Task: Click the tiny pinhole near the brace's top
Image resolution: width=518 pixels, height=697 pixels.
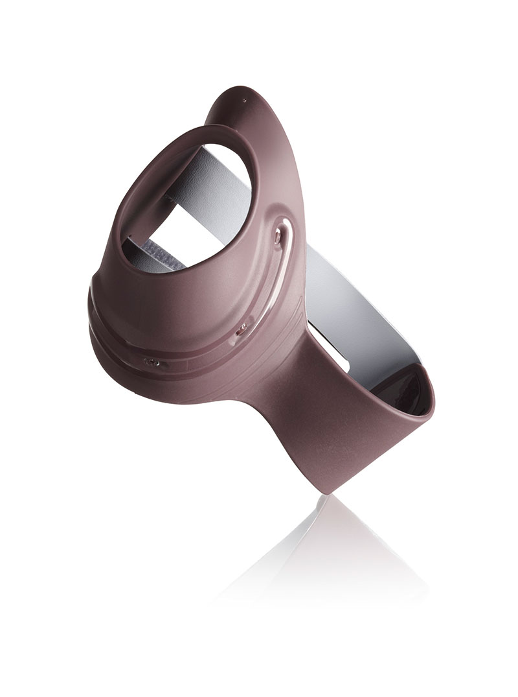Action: pyautogui.click(x=244, y=100)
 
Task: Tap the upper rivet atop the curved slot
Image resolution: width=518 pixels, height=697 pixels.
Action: pyautogui.click(x=278, y=238)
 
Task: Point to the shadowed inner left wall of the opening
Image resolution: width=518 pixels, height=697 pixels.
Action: pyautogui.click(x=139, y=195)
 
